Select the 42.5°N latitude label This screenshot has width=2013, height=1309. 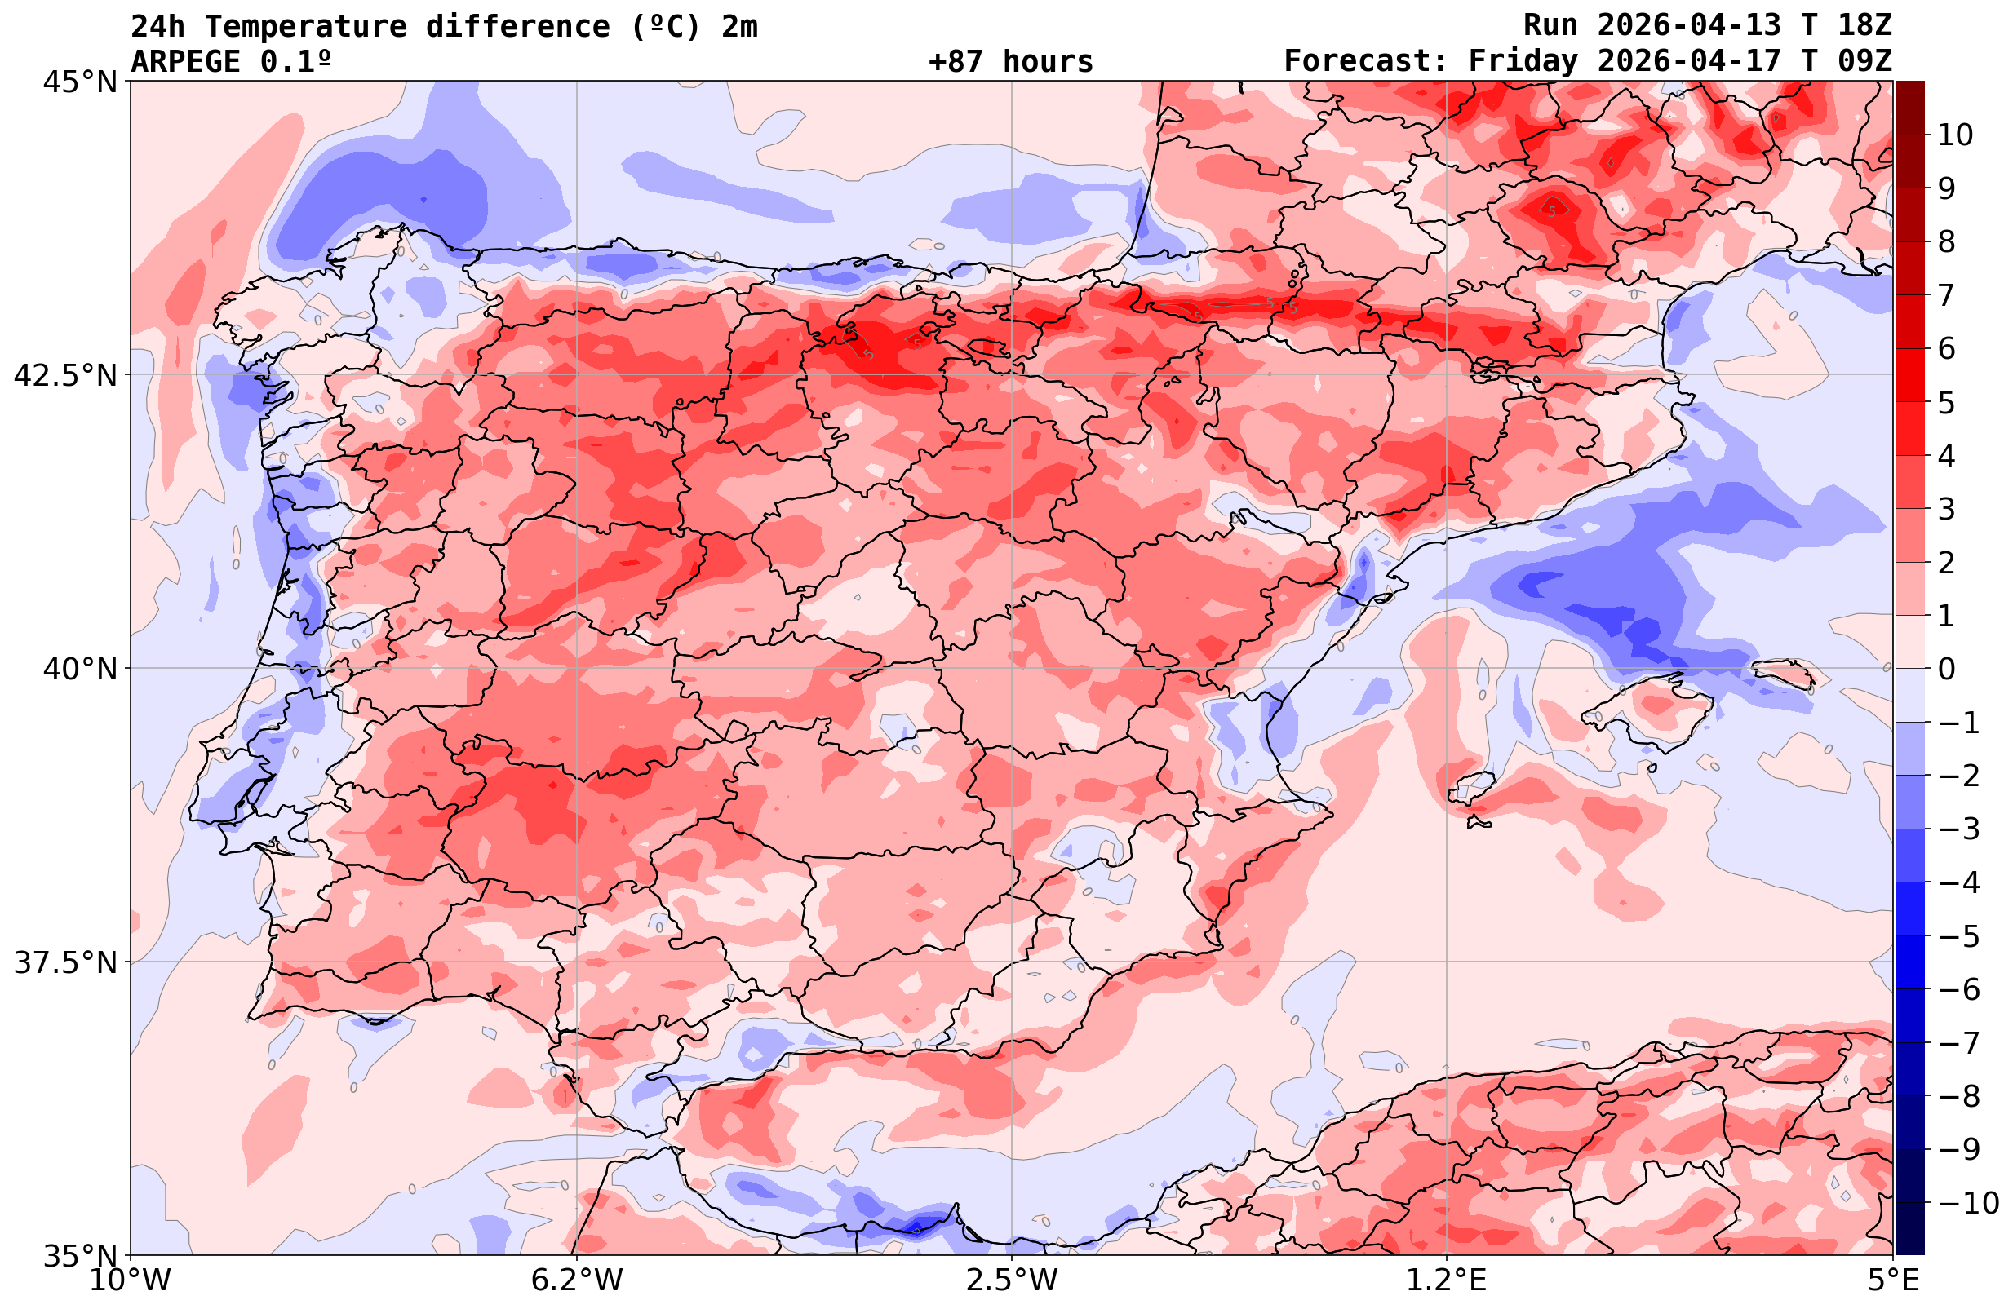click(x=65, y=375)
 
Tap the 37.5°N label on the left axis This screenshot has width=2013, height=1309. click(x=65, y=962)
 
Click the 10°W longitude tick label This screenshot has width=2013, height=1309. click(x=131, y=1280)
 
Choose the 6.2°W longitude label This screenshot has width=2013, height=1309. click(x=577, y=1280)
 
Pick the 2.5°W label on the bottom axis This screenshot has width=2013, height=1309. click(x=1012, y=1280)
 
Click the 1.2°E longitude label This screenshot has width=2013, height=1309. click(x=1447, y=1280)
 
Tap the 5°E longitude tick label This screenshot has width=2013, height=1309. click(x=1893, y=1280)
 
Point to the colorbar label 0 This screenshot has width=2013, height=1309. click(x=1946, y=669)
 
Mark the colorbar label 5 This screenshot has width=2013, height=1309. click(x=1946, y=403)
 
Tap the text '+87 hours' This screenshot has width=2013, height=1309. click(x=1011, y=62)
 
